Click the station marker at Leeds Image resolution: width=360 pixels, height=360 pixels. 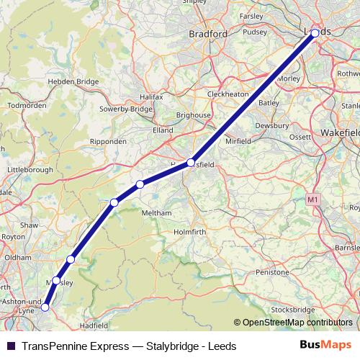coord(315,33)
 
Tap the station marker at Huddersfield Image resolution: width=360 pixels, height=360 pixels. coord(191,163)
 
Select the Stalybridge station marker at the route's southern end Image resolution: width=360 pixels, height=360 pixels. coord(45,307)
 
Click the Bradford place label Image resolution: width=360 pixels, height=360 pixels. coord(208,33)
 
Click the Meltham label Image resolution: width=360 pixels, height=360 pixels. coord(157,213)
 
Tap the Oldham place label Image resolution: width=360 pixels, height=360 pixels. coord(18,256)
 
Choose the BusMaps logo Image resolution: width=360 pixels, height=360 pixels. coord(326,346)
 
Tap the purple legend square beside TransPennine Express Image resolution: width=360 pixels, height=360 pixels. coord(11,346)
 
